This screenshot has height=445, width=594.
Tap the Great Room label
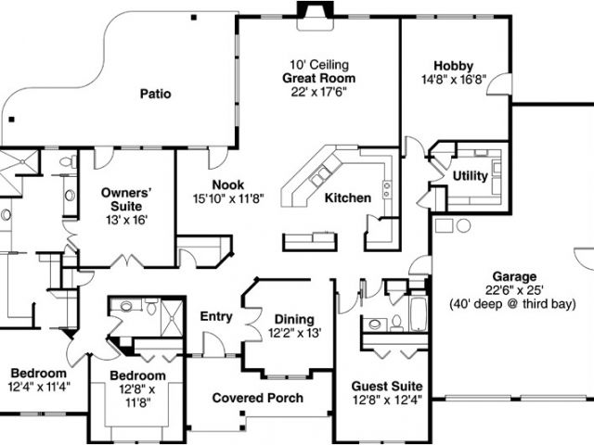point(318,78)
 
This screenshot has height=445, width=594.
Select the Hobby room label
point(453,66)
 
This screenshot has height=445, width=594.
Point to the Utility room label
point(470,176)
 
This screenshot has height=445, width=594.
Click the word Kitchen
point(348,197)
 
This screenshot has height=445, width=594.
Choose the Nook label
point(226,184)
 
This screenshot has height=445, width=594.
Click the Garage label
point(514,276)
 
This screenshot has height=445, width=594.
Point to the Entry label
point(216,317)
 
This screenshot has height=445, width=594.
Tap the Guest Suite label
point(387,386)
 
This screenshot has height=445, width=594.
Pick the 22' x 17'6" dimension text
point(318,92)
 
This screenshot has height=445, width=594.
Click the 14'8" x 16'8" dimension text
point(453,80)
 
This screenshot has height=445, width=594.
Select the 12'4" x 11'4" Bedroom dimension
point(40,385)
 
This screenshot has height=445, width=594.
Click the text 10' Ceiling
point(318,65)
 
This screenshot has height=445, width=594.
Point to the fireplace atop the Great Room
point(310,9)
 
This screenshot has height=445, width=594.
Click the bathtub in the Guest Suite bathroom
point(417,314)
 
